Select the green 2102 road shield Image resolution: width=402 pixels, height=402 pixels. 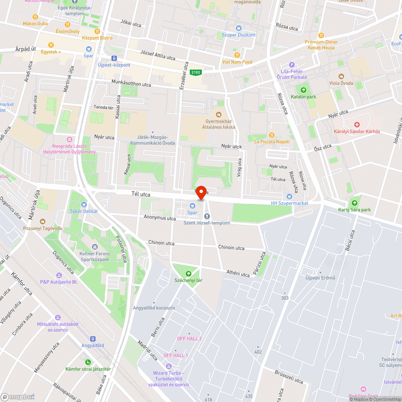(196, 72)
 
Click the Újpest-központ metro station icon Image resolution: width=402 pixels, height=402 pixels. (114, 58)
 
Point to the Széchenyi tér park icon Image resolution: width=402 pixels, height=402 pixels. (188, 273)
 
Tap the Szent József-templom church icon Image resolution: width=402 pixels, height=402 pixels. (207, 216)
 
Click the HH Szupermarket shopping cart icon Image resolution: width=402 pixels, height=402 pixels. (289, 196)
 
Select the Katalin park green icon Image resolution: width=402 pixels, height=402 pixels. (304, 90)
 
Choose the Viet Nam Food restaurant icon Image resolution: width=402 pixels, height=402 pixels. (237, 55)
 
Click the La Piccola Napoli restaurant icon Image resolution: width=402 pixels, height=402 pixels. (272, 135)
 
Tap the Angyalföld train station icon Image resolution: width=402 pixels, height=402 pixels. (93, 339)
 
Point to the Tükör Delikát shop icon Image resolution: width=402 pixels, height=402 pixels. (84, 205)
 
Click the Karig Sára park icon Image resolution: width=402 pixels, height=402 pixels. (354, 203)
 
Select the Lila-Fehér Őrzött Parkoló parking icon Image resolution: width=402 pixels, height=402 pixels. (292, 65)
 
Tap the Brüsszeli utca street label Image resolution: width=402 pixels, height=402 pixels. (289, 377)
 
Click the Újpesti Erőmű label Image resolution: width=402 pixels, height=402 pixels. (320, 278)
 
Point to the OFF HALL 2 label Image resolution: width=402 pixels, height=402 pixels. (189, 338)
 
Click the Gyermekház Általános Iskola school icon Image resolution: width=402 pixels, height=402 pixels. (219, 115)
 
